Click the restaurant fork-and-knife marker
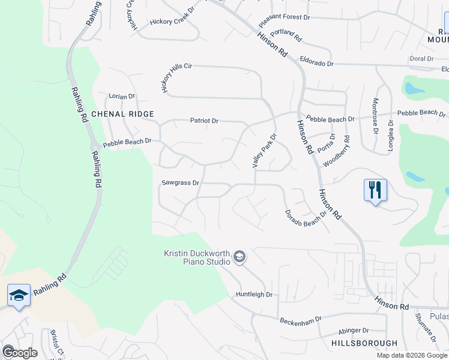click(375, 191)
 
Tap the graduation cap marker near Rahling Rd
click(19, 295)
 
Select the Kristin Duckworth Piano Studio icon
click(240, 257)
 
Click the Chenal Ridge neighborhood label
click(122, 114)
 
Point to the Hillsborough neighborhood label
click(364, 343)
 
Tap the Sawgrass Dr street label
click(180, 182)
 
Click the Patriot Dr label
click(204, 121)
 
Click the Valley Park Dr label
click(264, 150)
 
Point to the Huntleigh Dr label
click(254, 295)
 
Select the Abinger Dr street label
click(354, 330)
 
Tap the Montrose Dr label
click(375, 115)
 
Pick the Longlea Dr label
click(391, 136)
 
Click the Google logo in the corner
click(19, 352)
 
